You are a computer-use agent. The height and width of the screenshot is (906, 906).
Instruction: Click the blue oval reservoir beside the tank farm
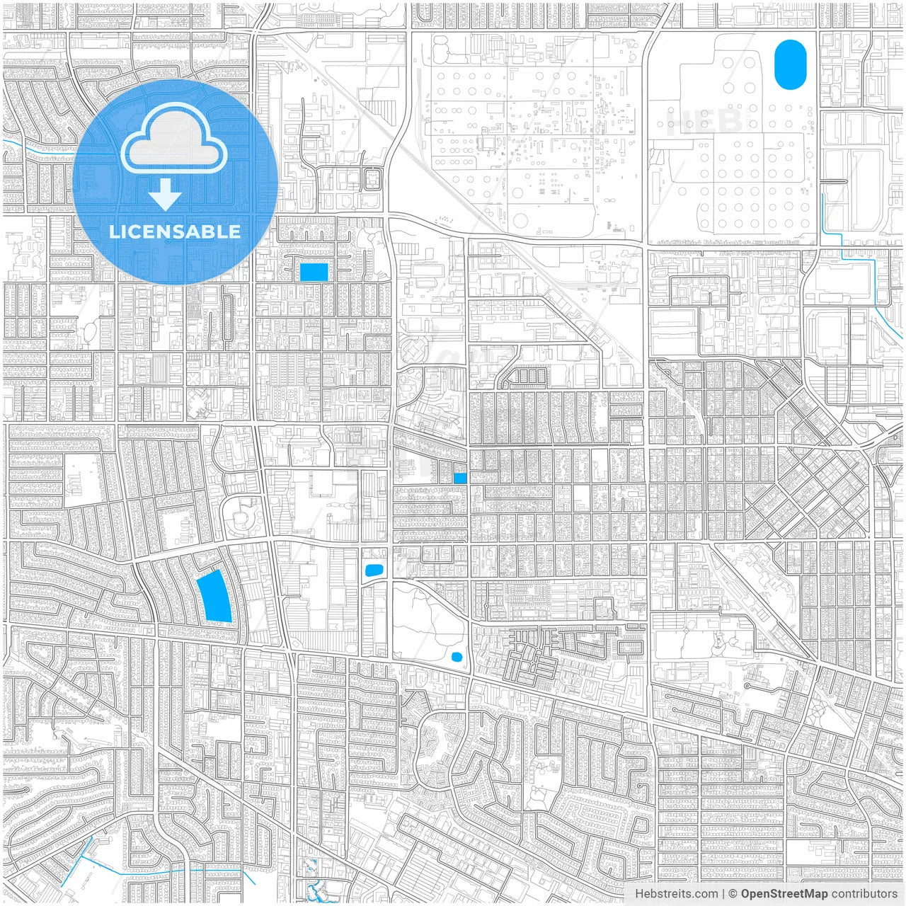(790, 64)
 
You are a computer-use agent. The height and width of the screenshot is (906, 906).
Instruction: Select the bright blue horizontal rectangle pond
(314, 272)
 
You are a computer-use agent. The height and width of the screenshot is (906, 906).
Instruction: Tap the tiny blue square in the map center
(460, 478)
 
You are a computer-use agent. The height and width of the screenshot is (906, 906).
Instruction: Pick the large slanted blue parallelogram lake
(215, 596)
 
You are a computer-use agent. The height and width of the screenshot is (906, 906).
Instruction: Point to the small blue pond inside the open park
(457, 657)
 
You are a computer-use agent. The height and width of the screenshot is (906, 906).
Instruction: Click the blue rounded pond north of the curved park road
(372, 570)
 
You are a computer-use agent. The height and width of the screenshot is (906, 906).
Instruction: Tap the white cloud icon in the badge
(173, 139)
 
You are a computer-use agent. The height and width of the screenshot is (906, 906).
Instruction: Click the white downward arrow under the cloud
(166, 195)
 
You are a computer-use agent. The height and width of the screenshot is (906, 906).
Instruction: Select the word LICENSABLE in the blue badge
(174, 231)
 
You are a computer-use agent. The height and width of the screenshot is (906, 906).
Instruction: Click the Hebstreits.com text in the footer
(676, 894)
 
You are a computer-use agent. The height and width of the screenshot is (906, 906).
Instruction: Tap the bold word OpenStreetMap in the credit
(784, 894)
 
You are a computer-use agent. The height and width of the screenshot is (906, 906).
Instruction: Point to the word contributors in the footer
(864, 894)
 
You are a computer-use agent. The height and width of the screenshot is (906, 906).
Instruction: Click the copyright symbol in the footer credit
(733, 894)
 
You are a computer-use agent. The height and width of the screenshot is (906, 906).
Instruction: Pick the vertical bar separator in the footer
(723, 894)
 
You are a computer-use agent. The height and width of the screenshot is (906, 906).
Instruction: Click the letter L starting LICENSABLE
(113, 231)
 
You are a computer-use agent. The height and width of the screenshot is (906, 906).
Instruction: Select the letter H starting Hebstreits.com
(639, 894)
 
